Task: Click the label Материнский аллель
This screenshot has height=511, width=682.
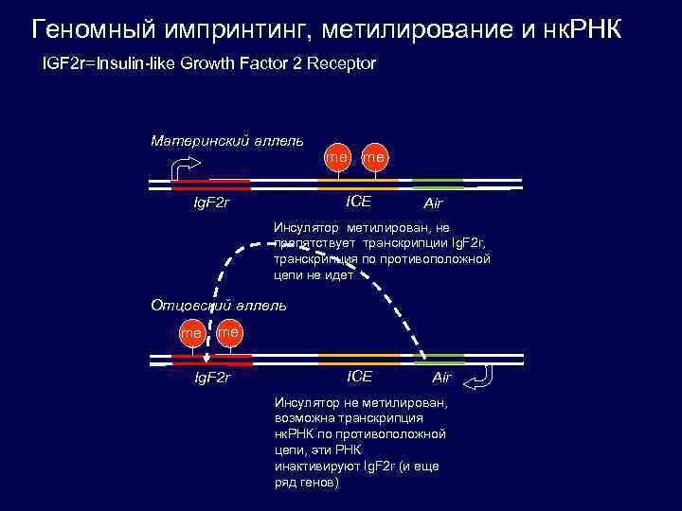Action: coord(227,141)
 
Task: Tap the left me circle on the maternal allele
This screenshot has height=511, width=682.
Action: coord(336,156)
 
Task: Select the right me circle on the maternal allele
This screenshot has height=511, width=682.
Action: coord(374,156)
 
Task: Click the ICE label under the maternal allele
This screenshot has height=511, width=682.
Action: coord(358,201)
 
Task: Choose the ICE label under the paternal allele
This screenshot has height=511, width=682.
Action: coord(360,377)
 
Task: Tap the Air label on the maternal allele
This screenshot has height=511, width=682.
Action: coord(433,203)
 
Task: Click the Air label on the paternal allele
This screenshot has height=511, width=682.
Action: coord(442,378)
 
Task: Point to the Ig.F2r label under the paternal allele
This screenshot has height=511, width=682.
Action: coord(212,379)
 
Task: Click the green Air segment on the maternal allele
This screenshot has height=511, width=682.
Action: coord(438,182)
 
